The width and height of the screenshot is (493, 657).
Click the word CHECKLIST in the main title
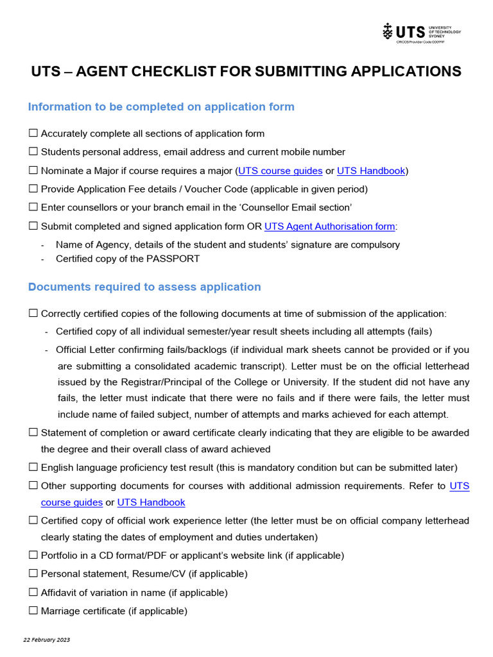click(x=156, y=71)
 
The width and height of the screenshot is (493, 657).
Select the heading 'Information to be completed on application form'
click(x=161, y=107)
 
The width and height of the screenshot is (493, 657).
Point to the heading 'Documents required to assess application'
click(x=144, y=287)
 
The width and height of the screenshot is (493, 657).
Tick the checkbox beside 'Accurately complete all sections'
click(x=33, y=133)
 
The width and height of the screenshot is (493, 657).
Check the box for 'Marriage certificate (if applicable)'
click(x=33, y=611)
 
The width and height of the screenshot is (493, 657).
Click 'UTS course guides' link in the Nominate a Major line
click(x=280, y=171)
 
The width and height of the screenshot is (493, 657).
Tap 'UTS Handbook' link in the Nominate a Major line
click(x=371, y=171)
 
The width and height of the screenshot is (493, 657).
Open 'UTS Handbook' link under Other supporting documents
click(x=151, y=502)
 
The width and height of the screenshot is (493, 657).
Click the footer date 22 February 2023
click(x=47, y=640)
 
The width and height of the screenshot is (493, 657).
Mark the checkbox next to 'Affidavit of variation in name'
click(x=33, y=592)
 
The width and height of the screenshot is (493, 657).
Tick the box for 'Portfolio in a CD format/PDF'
click(x=33, y=555)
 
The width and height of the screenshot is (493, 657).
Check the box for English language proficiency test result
click(x=33, y=467)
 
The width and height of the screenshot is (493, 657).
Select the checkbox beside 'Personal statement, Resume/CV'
click(x=33, y=574)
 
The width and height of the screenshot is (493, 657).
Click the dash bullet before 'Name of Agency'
click(x=42, y=245)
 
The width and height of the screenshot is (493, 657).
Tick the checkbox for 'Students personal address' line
click(x=33, y=152)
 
